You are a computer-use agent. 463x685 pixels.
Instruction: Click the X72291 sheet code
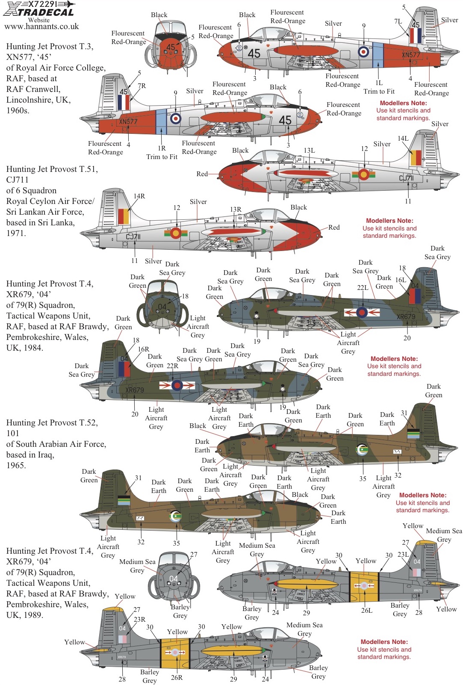click(x=43, y=4)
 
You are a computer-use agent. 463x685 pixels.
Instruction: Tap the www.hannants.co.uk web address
click(x=41, y=27)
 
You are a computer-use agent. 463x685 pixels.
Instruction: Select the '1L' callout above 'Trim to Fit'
click(x=379, y=83)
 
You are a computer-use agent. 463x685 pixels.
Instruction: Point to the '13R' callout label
click(x=236, y=210)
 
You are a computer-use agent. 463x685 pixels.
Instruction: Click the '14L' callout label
click(x=403, y=139)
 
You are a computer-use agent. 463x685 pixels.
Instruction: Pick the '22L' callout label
click(x=363, y=288)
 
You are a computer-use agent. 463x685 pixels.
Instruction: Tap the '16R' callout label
click(x=143, y=349)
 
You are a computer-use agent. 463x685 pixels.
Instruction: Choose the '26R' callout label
click(x=177, y=678)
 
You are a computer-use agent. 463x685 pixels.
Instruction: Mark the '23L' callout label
click(x=403, y=555)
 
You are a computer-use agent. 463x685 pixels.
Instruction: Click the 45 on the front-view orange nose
click(x=171, y=47)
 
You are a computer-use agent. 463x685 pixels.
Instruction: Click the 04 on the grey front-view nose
click(x=173, y=579)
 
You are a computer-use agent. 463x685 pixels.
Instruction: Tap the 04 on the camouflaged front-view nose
click(x=162, y=307)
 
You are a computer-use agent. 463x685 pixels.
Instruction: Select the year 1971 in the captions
click(x=16, y=233)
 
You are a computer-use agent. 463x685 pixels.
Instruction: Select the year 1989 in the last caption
click(x=34, y=615)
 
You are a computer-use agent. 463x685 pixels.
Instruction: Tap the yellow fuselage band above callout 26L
click(x=364, y=586)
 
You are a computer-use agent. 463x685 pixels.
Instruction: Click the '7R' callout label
click(x=142, y=86)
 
